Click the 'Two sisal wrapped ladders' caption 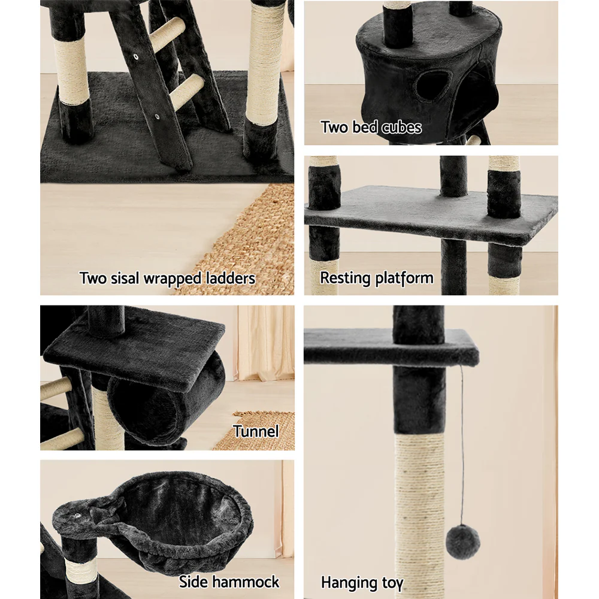click(167, 279)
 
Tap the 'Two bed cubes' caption click(371, 127)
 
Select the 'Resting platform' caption click(376, 278)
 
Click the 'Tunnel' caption click(256, 431)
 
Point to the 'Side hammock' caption click(229, 582)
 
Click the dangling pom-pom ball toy click(461, 541)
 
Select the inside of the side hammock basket click(180, 509)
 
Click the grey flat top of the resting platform click(419, 210)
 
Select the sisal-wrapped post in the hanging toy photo click(419, 509)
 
